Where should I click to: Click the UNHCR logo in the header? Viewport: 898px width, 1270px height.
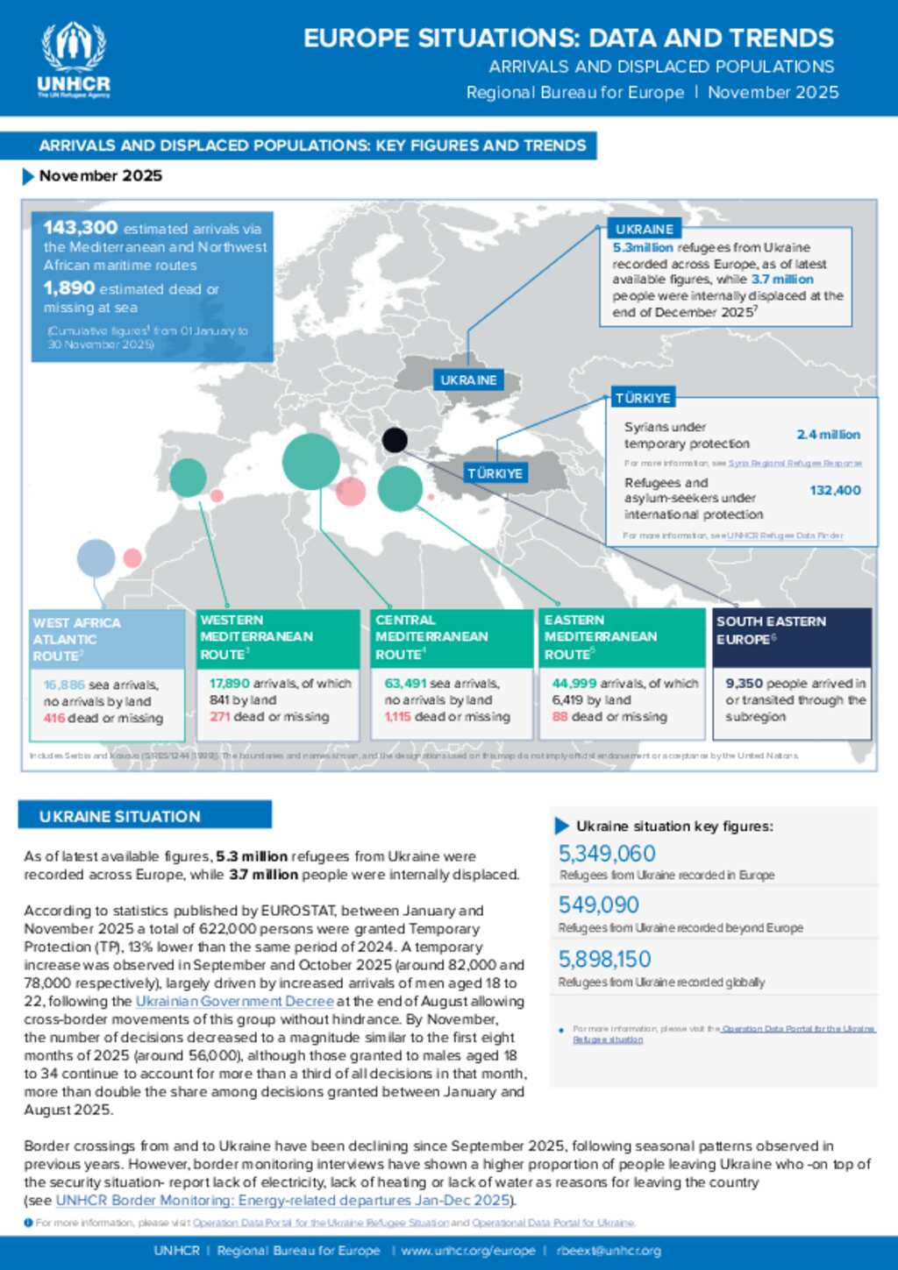(74, 59)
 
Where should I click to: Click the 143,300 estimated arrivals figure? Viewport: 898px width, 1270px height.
(81, 228)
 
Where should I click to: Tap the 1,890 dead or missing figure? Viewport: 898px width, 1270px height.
(69, 288)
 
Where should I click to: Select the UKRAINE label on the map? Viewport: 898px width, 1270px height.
(468, 380)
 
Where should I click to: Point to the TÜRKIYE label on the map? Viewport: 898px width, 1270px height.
(495, 473)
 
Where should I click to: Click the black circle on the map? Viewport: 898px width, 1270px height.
(395, 440)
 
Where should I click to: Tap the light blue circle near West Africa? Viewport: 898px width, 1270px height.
(96, 558)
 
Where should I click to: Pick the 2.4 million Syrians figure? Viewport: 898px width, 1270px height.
(828, 435)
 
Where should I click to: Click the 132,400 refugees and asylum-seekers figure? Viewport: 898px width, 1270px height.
(835, 491)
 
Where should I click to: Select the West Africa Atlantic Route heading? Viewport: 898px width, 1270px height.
(76, 639)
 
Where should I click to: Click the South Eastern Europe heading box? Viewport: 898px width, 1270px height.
(791, 637)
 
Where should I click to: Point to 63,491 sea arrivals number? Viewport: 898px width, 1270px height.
(405, 684)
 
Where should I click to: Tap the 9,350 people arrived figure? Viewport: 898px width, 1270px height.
(744, 684)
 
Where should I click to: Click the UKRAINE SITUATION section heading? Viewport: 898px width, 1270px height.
(120, 817)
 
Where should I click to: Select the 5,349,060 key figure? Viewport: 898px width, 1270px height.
(607, 854)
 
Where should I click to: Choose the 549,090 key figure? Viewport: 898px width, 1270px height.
(599, 905)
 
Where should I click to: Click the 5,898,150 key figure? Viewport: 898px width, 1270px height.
(605, 960)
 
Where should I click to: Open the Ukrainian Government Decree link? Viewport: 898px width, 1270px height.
(234, 1002)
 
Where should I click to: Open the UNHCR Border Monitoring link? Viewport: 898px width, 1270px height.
(283, 1201)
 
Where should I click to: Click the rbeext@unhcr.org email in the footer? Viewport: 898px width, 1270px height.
(609, 1252)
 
